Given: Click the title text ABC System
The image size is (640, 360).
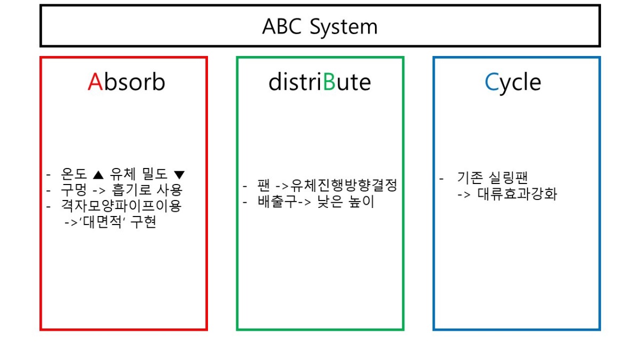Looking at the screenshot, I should click(319, 26).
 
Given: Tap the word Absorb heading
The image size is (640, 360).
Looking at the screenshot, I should click(126, 82).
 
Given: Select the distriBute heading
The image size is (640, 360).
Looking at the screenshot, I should click(319, 82).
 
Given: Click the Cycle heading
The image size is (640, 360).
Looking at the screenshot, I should click(513, 82).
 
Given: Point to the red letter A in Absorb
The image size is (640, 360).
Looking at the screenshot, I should click(95, 82).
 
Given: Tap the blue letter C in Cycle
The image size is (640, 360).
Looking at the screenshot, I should click(491, 82).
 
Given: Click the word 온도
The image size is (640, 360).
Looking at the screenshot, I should click(74, 174).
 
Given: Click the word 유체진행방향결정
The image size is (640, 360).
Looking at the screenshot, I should click(345, 186).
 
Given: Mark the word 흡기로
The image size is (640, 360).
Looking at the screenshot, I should click(131, 189).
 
